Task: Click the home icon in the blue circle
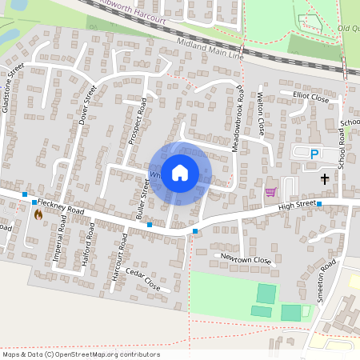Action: (x=180, y=172)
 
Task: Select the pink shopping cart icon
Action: (x=270, y=192)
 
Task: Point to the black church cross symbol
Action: (x=325, y=178)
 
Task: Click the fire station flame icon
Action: (x=38, y=214)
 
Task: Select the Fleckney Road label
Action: (x=60, y=206)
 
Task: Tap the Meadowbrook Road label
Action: (x=238, y=119)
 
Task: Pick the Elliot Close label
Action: (x=310, y=98)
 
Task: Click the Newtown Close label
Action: (x=246, y=260)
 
